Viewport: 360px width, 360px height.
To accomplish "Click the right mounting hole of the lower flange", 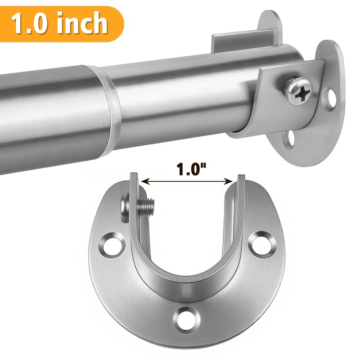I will coord(261,243).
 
